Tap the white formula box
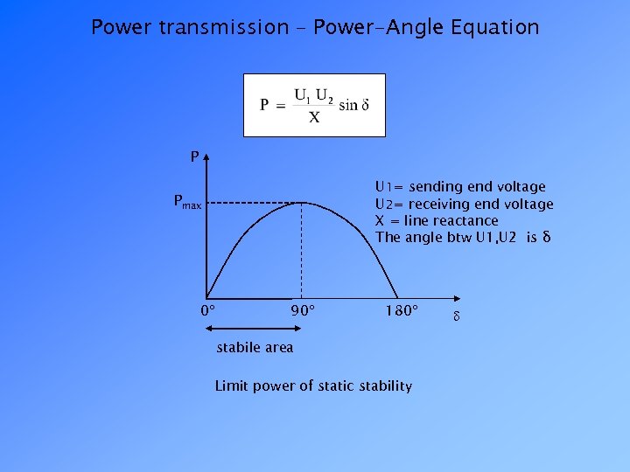[314, 105]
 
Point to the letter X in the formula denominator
[314, 118]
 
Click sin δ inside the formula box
[353, 106]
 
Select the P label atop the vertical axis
[194, 157]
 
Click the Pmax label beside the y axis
[187, 204]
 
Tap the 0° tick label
[208, 311]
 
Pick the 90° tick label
[303, 311]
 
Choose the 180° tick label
[402, 311]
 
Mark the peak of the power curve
[302, 202]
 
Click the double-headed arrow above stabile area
[254, 329]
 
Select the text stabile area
[255, 348]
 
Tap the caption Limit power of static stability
[313, 385]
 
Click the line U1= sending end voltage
[460, 186]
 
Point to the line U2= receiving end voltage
[464, 204]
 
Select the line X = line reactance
[437, 220]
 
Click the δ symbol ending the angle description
[546, 237]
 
